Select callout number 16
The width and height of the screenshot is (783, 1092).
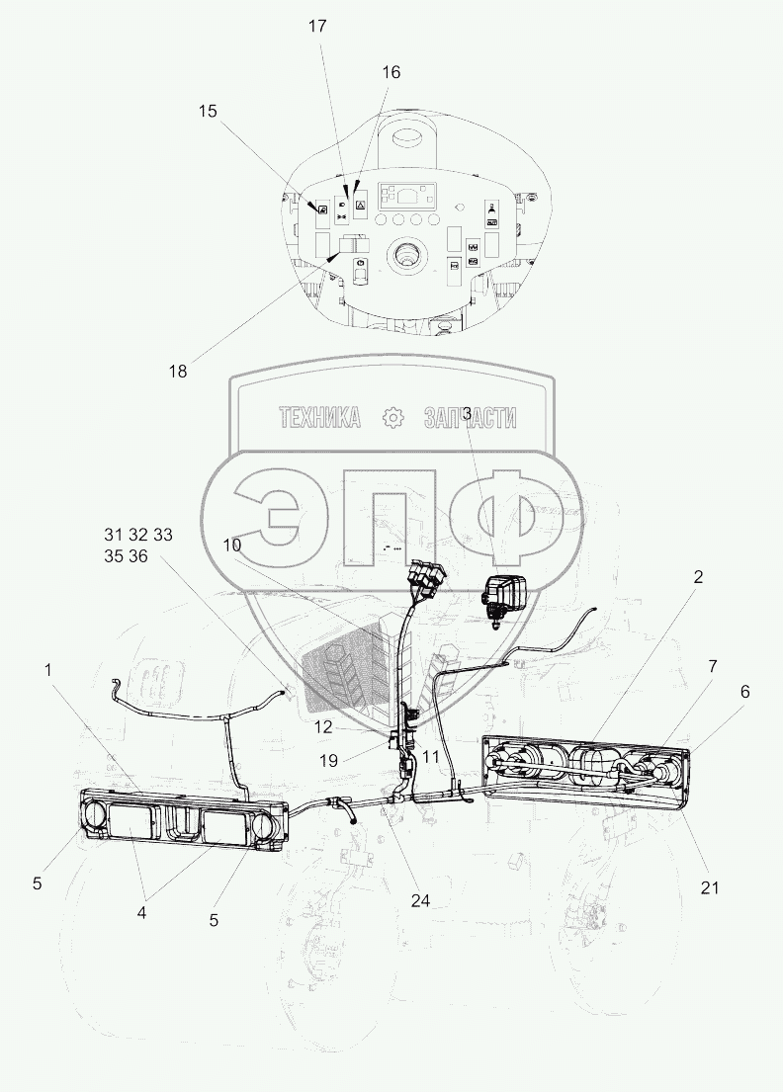tap(391, 72)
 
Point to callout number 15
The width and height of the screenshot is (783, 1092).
tap(207, 112)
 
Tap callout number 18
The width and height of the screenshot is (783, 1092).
tap(177, 372)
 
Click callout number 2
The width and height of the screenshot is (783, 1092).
tap(698, 577)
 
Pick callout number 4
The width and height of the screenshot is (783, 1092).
tap(141, 913)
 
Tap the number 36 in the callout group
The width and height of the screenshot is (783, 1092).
tap(136, 556)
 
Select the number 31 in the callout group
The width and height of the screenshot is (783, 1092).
tap(114, 535)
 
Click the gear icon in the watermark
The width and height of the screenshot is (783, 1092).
tap(393, 418)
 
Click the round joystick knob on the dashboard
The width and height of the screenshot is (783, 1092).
tap(407, 259)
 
